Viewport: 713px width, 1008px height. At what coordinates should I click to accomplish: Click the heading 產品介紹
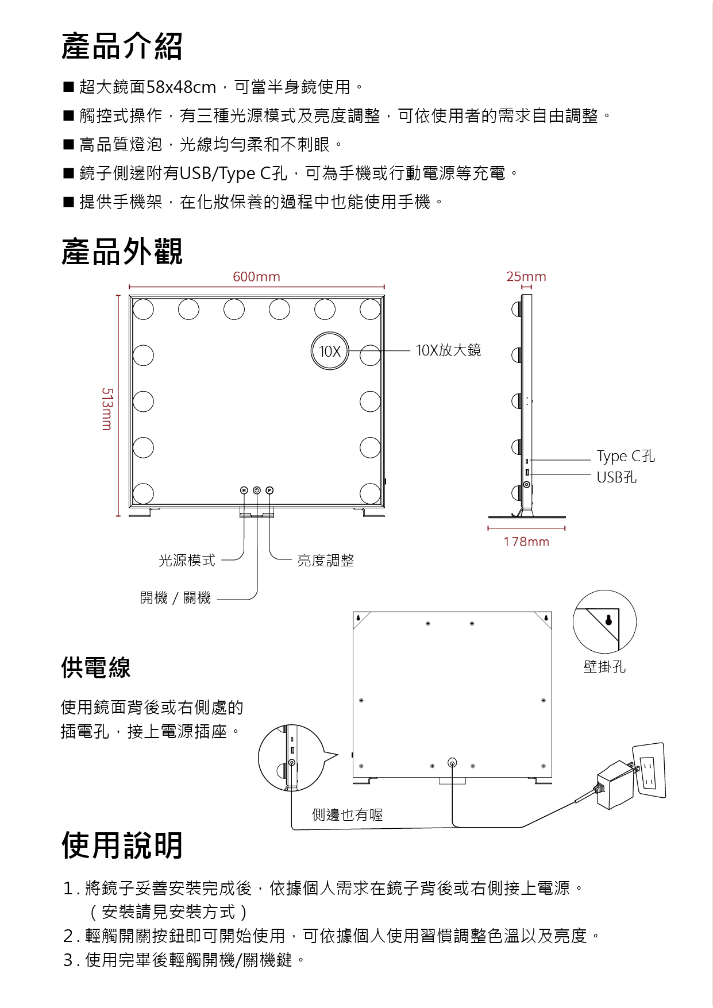coord(122,47)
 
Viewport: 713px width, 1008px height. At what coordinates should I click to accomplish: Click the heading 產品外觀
coord(122,252)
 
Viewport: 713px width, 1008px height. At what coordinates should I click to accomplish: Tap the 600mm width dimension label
coord(256,277)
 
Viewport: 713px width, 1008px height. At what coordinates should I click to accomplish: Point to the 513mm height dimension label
coord(107,409)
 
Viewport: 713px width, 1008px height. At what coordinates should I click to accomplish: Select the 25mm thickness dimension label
coord(526,277)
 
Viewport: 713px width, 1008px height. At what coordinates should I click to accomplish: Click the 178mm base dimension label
coord(526,542)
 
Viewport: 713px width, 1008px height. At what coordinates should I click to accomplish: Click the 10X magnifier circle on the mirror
coord(330,351)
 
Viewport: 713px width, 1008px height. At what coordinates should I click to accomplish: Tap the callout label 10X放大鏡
coord(448,350)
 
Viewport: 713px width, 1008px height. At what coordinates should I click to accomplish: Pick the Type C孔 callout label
coord(625,456)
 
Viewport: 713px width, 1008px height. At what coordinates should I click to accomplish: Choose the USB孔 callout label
coord(616,477)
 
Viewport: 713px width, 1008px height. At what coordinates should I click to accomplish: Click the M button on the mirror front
coord(244,491)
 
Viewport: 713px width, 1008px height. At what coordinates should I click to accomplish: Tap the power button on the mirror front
coord(257,491)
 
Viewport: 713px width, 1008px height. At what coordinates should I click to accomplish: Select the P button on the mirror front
coord(269,491)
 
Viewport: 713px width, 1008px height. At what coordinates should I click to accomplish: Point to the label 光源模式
coord(187,561)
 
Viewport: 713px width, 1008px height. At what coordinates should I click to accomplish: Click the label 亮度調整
coord(326,561)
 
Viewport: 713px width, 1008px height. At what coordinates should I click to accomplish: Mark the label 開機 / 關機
coord(175,598)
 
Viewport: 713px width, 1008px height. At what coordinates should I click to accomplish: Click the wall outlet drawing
coord(649,770)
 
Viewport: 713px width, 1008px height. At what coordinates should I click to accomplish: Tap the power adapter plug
coord(615,784)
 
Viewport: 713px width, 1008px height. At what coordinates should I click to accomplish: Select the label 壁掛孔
coord(604,667)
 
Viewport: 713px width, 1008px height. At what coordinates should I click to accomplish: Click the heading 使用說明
coord(122,845)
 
